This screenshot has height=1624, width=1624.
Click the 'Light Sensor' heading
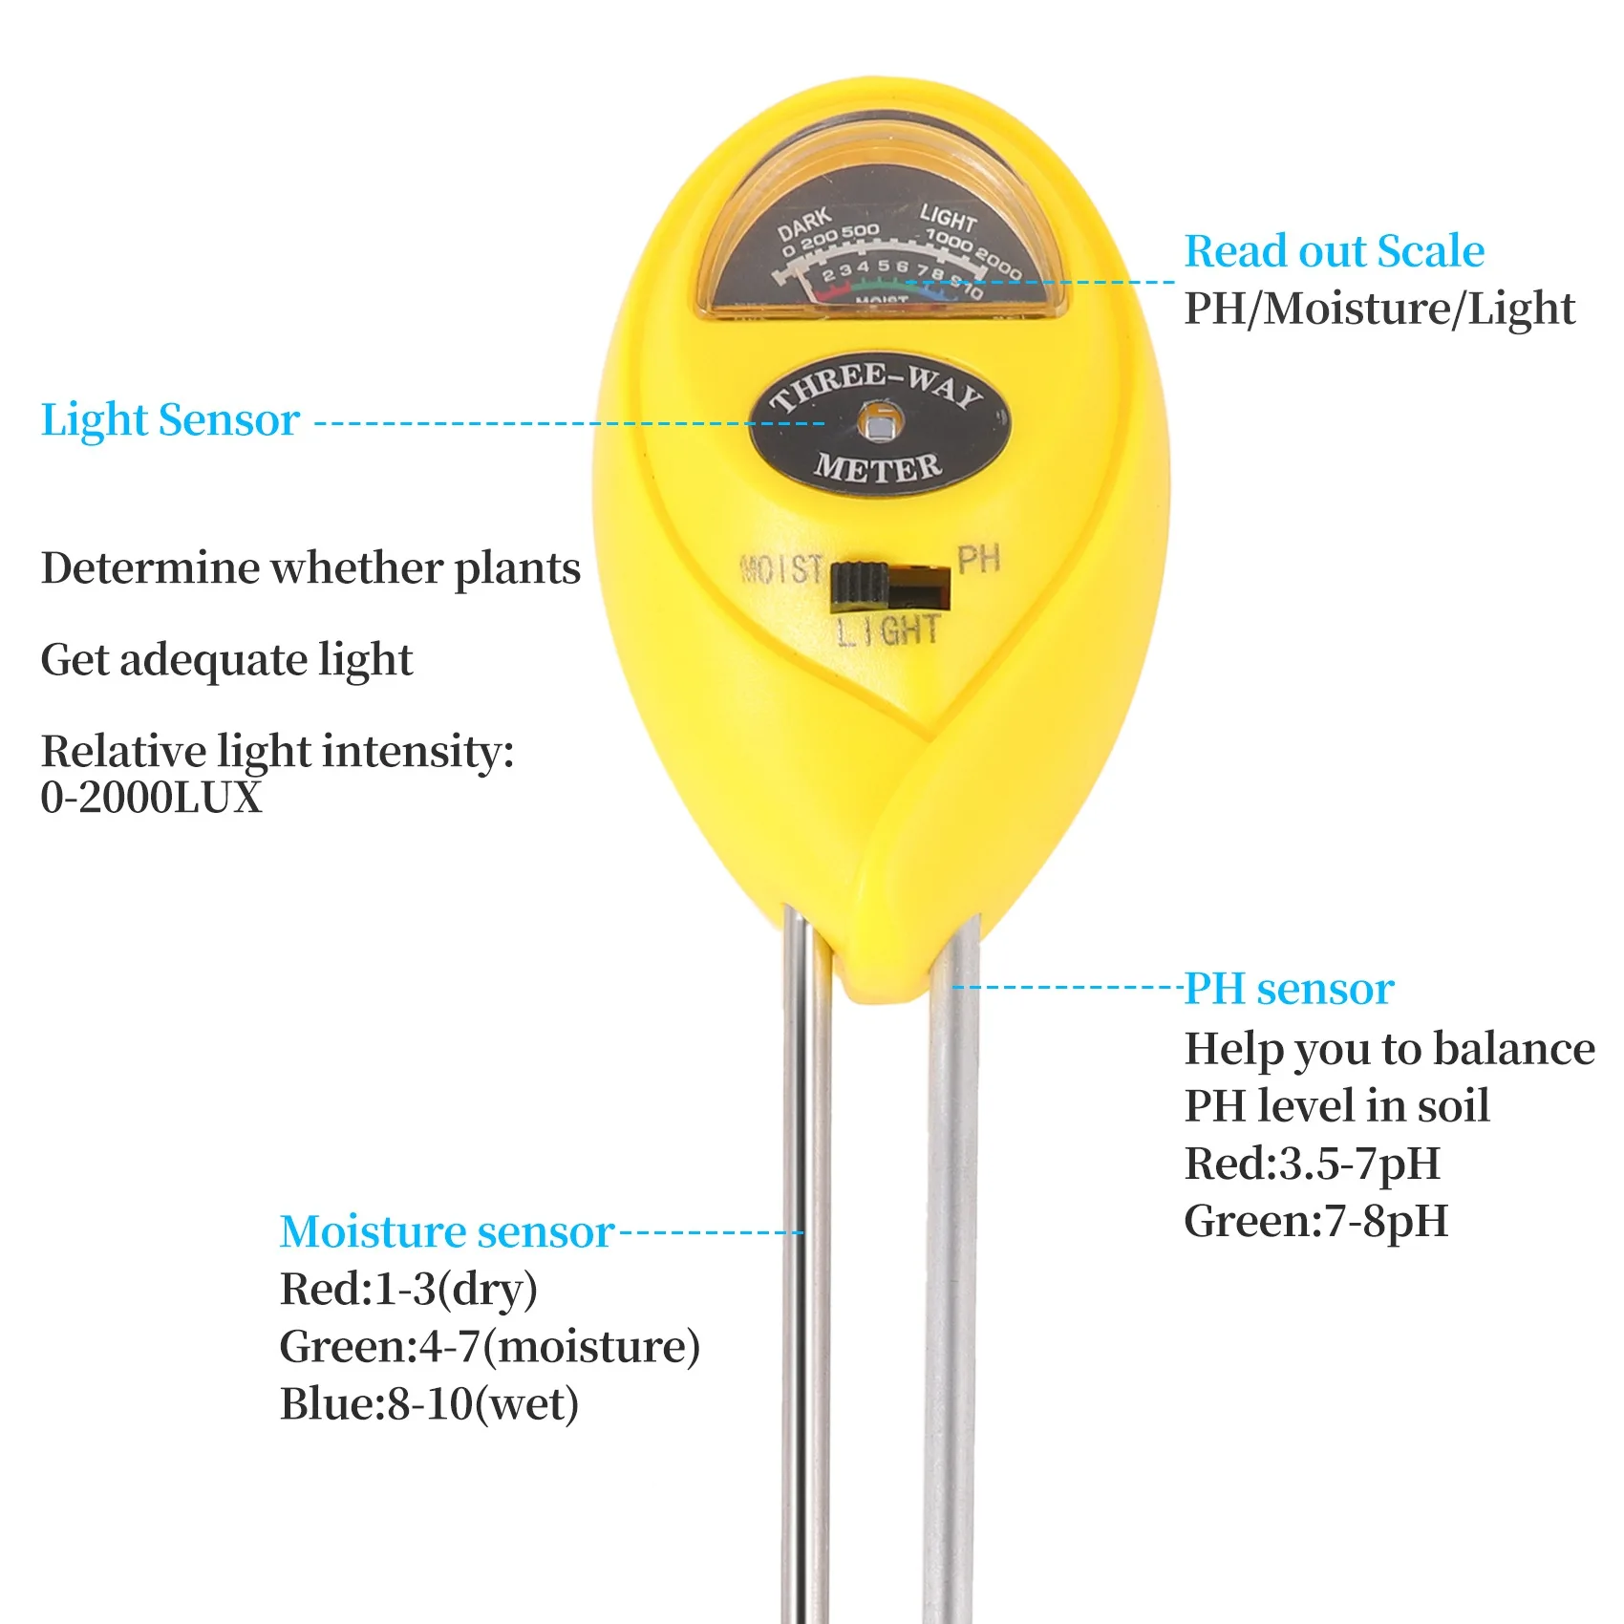[170, 420]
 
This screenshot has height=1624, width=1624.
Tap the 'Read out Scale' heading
[1334, 251]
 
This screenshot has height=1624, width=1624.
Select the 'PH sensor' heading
[1289, 989]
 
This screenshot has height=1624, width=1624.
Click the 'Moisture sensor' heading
[446, 1231]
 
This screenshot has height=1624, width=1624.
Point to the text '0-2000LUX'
[151, 798]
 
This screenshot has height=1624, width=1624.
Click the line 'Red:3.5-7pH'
[1312, 1164]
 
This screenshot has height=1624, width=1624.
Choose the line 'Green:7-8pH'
[1315, 1221]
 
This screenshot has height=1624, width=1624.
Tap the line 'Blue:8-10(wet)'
[429, 1404]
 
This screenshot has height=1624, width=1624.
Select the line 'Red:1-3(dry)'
[408, 1290]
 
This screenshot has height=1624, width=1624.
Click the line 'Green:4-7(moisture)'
[489, 1347]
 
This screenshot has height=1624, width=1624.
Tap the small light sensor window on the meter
[875, 421]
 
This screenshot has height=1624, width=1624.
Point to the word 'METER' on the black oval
[877, 468]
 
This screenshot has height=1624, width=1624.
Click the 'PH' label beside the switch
[978, 560]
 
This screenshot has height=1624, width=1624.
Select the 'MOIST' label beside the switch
[781, 570]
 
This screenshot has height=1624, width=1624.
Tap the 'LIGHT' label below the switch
[887, 631]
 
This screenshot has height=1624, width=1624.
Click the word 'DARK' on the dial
[804, 225]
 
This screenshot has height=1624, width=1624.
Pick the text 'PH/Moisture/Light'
[1378, 309]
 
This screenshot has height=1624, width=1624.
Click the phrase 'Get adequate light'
[226, 660]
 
